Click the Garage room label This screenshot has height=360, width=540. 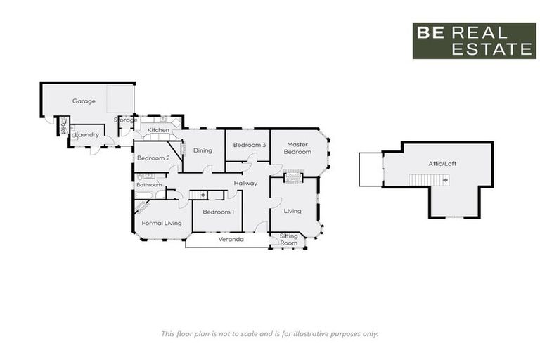[84, 101]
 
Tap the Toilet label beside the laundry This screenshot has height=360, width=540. [63, 125]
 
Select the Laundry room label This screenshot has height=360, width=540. [86, 134]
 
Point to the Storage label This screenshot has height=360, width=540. [127, 120]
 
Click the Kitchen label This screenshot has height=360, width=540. [158, 131]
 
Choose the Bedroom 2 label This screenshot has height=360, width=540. [153, 158]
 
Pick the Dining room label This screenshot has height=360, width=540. [202, 150]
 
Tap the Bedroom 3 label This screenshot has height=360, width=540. [249, 145]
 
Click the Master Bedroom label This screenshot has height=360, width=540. [297, 148]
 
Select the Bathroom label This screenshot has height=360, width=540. [149, 185]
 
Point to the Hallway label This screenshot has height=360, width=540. [246, 184]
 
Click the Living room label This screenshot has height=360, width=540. [292, 211]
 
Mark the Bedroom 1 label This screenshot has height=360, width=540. [218, 212]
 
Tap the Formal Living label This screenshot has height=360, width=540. [162, 223]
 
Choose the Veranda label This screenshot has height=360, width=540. [231, 240]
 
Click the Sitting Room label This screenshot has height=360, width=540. [289, 240]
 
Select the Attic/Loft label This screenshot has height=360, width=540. [442, 164]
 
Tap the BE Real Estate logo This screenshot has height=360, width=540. [474, 41]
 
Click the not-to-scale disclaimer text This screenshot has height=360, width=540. [269, 333]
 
